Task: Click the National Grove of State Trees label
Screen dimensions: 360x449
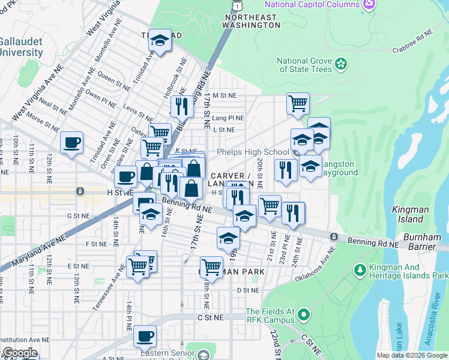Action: pyautogui.click(x=304, y=65)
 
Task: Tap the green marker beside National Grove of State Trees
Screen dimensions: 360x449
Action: pyautogui.click(x=341, y=62)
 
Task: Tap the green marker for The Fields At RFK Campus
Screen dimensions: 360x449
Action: pyautogui.click(x=304, y=314)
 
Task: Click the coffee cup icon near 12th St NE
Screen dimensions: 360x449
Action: pyautogui.click(x=71, y=143)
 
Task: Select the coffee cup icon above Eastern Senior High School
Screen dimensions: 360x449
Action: pyautogui.click(x=145, y=336)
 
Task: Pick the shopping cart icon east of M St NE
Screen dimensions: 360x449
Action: pyautogui.click(x=298, y=104)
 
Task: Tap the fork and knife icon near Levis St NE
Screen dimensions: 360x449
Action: pyautogui.click(x=181, y=107)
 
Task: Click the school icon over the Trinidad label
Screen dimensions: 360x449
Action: pyautogui.click(x=160, y=40)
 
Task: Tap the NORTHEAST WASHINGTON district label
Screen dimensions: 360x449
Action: pyautogui.click(x=251, y=22)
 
